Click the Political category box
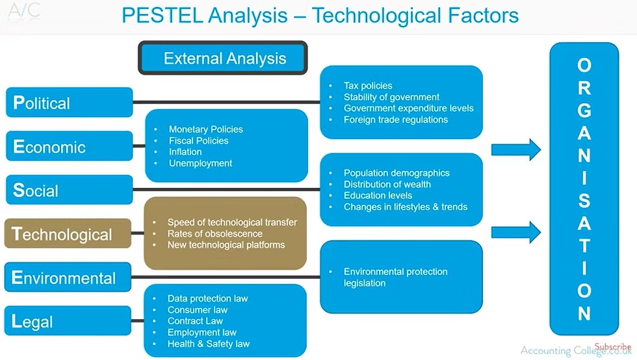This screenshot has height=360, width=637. click(69, 103)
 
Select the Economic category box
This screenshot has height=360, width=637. click(69, 147)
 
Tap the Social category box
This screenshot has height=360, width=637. click(69, 190)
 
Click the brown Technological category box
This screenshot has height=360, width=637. click(68, 234)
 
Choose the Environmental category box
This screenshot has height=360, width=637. click(69, 278)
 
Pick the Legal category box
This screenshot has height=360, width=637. click(69, 322)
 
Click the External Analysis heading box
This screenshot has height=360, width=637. click(222, 58)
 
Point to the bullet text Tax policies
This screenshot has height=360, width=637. click(368, 86)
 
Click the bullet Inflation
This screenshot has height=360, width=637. click(185, 152)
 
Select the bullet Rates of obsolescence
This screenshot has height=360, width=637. click(214, 233)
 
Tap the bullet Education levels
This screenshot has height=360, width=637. click(378, 196)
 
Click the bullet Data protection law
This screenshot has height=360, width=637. click(207, 299)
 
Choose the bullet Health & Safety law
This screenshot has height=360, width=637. click(208, 344)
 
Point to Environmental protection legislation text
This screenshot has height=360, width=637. click(395, 277)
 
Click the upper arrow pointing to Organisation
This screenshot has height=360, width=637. click(515, 149)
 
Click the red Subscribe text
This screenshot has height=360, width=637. click(612, 347)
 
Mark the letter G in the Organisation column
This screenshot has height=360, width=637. click(584, 110)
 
